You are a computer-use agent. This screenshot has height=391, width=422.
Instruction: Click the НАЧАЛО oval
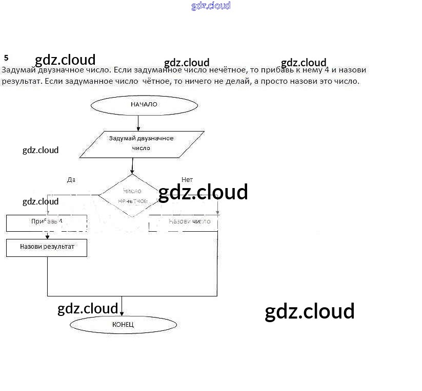pyautogui.click(x=144, y=104)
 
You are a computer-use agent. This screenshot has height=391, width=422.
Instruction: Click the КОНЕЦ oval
pyautogui.click(x=123, y=324)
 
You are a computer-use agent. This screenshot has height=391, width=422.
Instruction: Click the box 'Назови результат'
pyautogui.click(x=47, y=247)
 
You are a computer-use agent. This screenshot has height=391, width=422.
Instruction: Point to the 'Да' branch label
pyautogui.click(x=71, y=180)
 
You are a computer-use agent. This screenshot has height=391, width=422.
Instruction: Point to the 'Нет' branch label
pyautogui.click(x=187, y=180)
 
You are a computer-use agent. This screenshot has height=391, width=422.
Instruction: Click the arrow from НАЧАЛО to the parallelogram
pyautogui.click(x=138, y=123)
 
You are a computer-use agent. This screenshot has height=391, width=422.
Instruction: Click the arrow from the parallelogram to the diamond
pyautogui.click(x=132, y=165)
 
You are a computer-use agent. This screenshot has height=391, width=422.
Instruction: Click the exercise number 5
pyautogui.click(x=6, y=58)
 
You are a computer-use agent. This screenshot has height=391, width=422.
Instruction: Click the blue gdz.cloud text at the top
pyautogui.click(x=211, y=6)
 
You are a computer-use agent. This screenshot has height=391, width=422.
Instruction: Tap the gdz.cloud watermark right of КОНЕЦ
pyautogui.click(x=309, y=311)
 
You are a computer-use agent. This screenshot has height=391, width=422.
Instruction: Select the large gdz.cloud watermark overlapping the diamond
pyautogui.click(x=203, y=193)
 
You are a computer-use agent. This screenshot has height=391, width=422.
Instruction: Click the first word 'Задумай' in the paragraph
pyautogui.click(x=16, y=70)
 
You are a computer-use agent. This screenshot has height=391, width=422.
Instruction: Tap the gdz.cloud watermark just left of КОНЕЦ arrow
pyautogui.click(x=88, y=308)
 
